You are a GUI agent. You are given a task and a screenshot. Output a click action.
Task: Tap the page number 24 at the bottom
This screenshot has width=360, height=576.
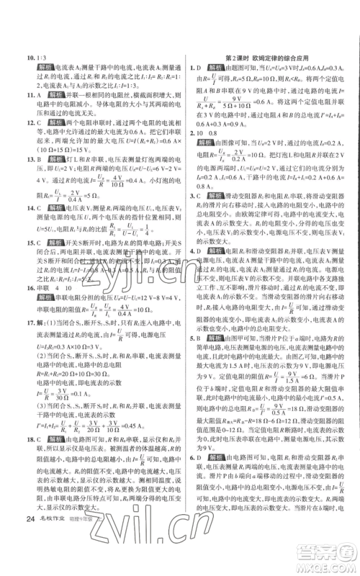pos(30,557)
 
